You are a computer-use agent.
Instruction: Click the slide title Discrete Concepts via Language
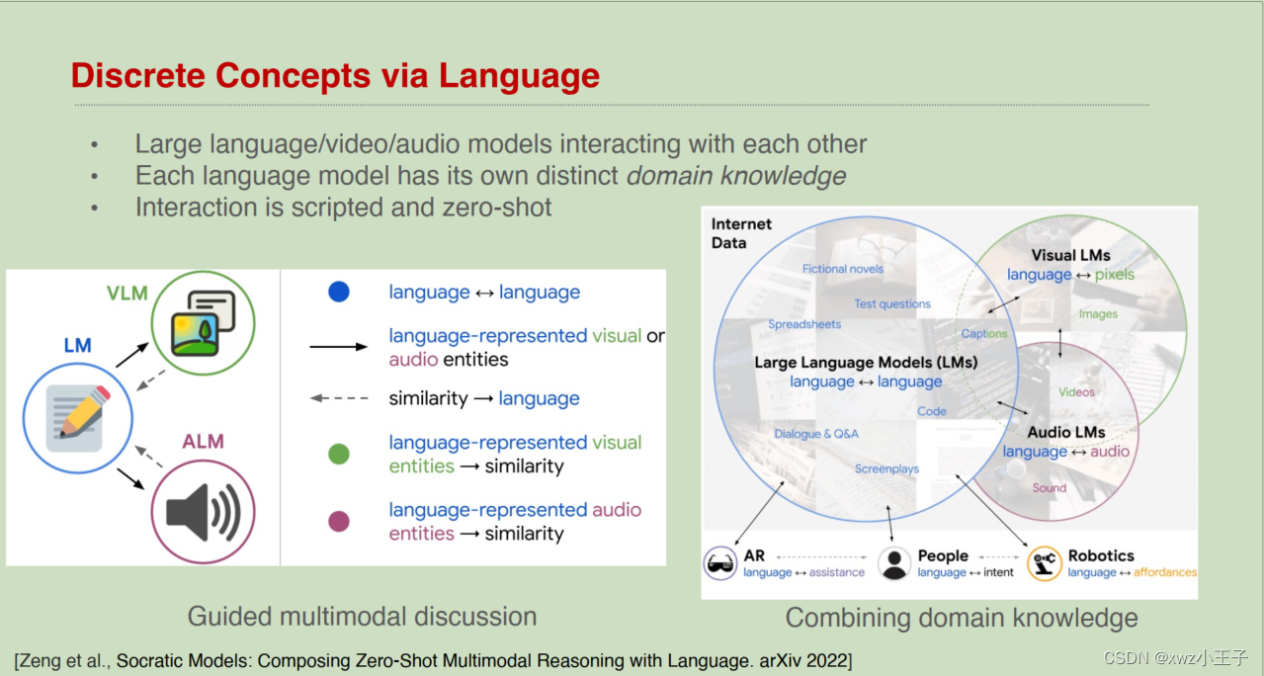[x=335, y=76]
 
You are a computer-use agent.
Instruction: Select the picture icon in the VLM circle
[x=203, y=322]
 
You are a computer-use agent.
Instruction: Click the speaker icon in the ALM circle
[x=203, y=513]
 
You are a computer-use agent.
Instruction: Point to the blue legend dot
[x=339, y=292]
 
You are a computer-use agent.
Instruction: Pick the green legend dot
[x=339, y=455]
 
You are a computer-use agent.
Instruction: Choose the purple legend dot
[x=339, y=522]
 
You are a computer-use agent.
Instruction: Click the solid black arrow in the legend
[x=339, y=347]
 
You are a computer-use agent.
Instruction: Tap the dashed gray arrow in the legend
[x=339, y=398]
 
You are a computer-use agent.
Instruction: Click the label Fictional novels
[x=843, y=269]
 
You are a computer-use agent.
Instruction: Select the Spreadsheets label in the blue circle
[x=804, y=324]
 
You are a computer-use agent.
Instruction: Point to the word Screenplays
[x=886, y=469]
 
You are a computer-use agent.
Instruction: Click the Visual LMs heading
[x=1070, y=255]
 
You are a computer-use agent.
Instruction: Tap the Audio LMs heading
[x=1065, y=432]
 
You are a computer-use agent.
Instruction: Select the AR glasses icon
[x=720, y=563]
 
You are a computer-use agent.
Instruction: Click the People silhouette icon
[x=894, y=563]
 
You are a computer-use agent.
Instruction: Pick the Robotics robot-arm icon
[x=1045, y=563]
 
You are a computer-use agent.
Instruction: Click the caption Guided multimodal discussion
[x=362, y=617]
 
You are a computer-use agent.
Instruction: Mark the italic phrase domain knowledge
[x=736, y=176]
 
